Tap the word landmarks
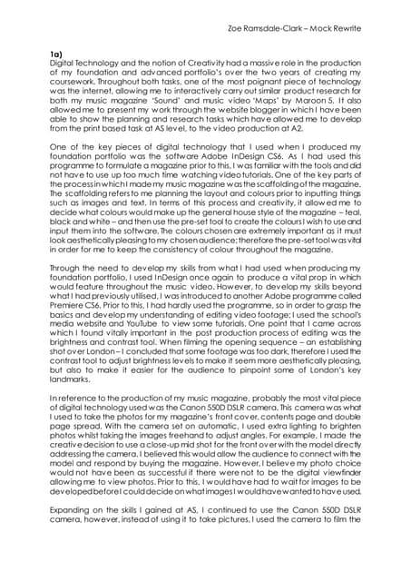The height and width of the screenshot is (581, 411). point(72,412)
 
